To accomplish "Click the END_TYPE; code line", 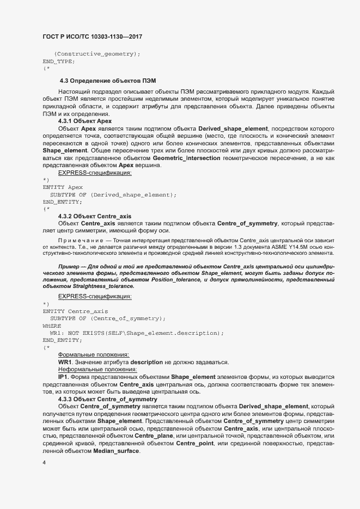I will (x=59, y=62).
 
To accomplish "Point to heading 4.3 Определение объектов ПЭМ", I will (x=108, y=81).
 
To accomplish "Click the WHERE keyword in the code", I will (x=53, y=326).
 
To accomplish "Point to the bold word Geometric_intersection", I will (x=187, y=158).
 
